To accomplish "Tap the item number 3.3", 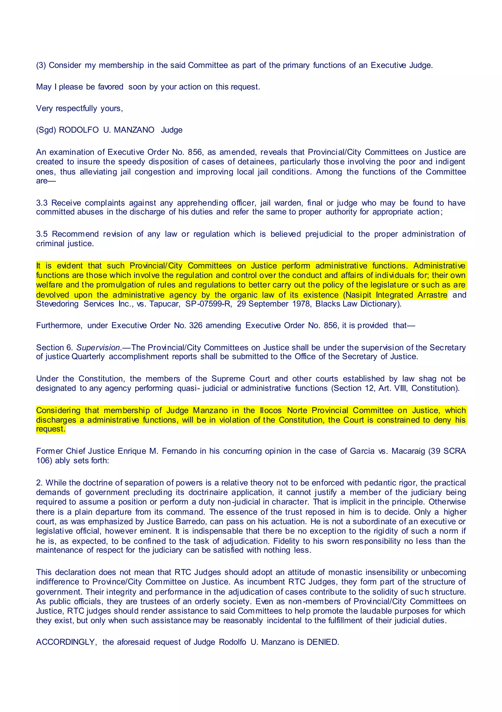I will coord(42,203).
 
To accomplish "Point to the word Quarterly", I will coord(88,357).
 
